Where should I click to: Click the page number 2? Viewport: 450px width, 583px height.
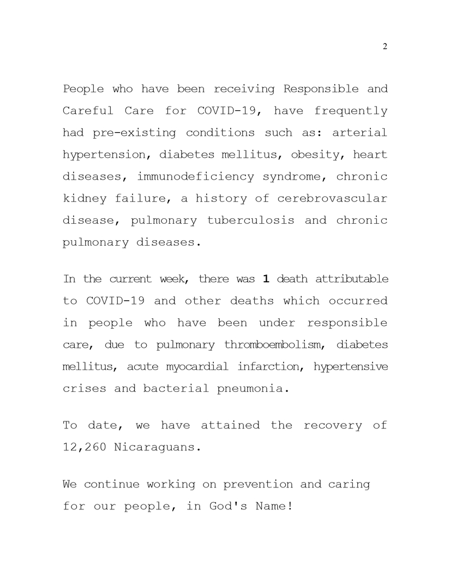385,46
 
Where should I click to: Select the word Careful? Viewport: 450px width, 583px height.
88,111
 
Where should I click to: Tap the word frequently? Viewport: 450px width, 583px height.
351,111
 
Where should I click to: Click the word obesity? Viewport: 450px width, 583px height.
315,154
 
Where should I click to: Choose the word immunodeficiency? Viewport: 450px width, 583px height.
195,176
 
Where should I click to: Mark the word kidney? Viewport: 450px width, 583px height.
82,198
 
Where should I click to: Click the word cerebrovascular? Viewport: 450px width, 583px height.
332,198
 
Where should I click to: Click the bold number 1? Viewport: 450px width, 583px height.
266,279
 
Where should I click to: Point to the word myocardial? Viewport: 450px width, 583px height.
197,366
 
